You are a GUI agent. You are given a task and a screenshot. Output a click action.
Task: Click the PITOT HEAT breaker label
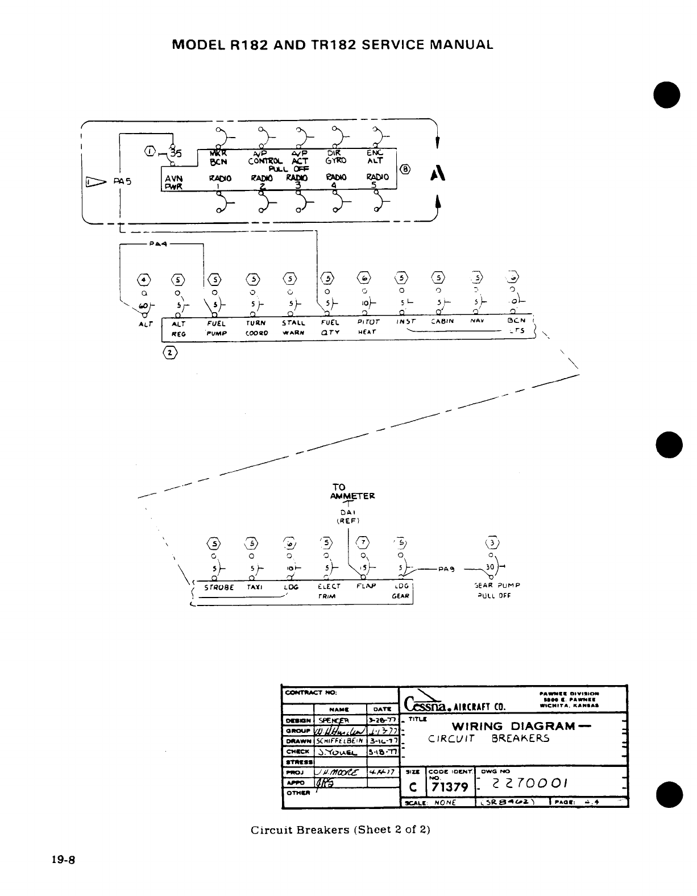[x=368, y=326]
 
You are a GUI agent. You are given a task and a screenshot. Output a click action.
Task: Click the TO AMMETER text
[x=352, y=491]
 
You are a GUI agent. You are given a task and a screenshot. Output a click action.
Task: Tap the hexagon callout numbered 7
[x=362, y=542]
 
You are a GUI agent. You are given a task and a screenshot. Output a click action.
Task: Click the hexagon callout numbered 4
[x=145, y=279]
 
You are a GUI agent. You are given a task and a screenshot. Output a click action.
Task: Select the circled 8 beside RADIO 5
[x=404, y=169]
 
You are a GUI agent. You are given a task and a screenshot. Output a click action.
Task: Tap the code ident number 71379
[x=449, y=786]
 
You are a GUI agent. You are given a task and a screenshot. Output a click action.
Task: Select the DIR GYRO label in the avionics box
[x=338, y=157]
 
